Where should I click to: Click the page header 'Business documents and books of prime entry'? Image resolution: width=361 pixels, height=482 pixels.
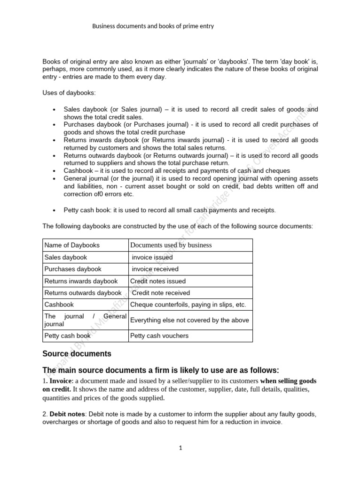(153, 26)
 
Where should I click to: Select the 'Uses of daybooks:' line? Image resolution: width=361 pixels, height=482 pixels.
(69, 93)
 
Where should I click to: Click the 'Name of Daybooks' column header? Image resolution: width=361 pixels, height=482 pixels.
(72, 245)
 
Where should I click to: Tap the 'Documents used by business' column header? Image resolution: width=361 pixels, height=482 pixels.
(171, 245)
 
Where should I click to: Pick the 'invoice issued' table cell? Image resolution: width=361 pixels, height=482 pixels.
(152, 257)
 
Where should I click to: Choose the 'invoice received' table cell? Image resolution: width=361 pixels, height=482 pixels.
(155, 269)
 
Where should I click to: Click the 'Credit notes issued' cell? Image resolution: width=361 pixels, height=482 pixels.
(158, 281)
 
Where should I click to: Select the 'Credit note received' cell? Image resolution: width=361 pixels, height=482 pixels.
(161, 293)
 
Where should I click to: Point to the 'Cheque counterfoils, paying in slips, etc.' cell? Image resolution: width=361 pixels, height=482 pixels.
(188, 305)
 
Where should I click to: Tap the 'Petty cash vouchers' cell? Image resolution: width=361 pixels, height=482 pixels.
(159, 336)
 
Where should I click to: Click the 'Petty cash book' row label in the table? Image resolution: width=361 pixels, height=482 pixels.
(67, 336)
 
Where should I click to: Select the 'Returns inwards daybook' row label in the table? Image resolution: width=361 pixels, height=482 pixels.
(81, 281)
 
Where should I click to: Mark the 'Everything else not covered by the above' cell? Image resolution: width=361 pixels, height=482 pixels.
(189, 320)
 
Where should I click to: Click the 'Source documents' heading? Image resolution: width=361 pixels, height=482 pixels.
(77, 353)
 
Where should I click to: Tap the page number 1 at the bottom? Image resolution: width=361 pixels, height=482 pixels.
(180, 448)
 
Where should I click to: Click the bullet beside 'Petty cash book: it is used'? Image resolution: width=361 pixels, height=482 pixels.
(55, 210)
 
